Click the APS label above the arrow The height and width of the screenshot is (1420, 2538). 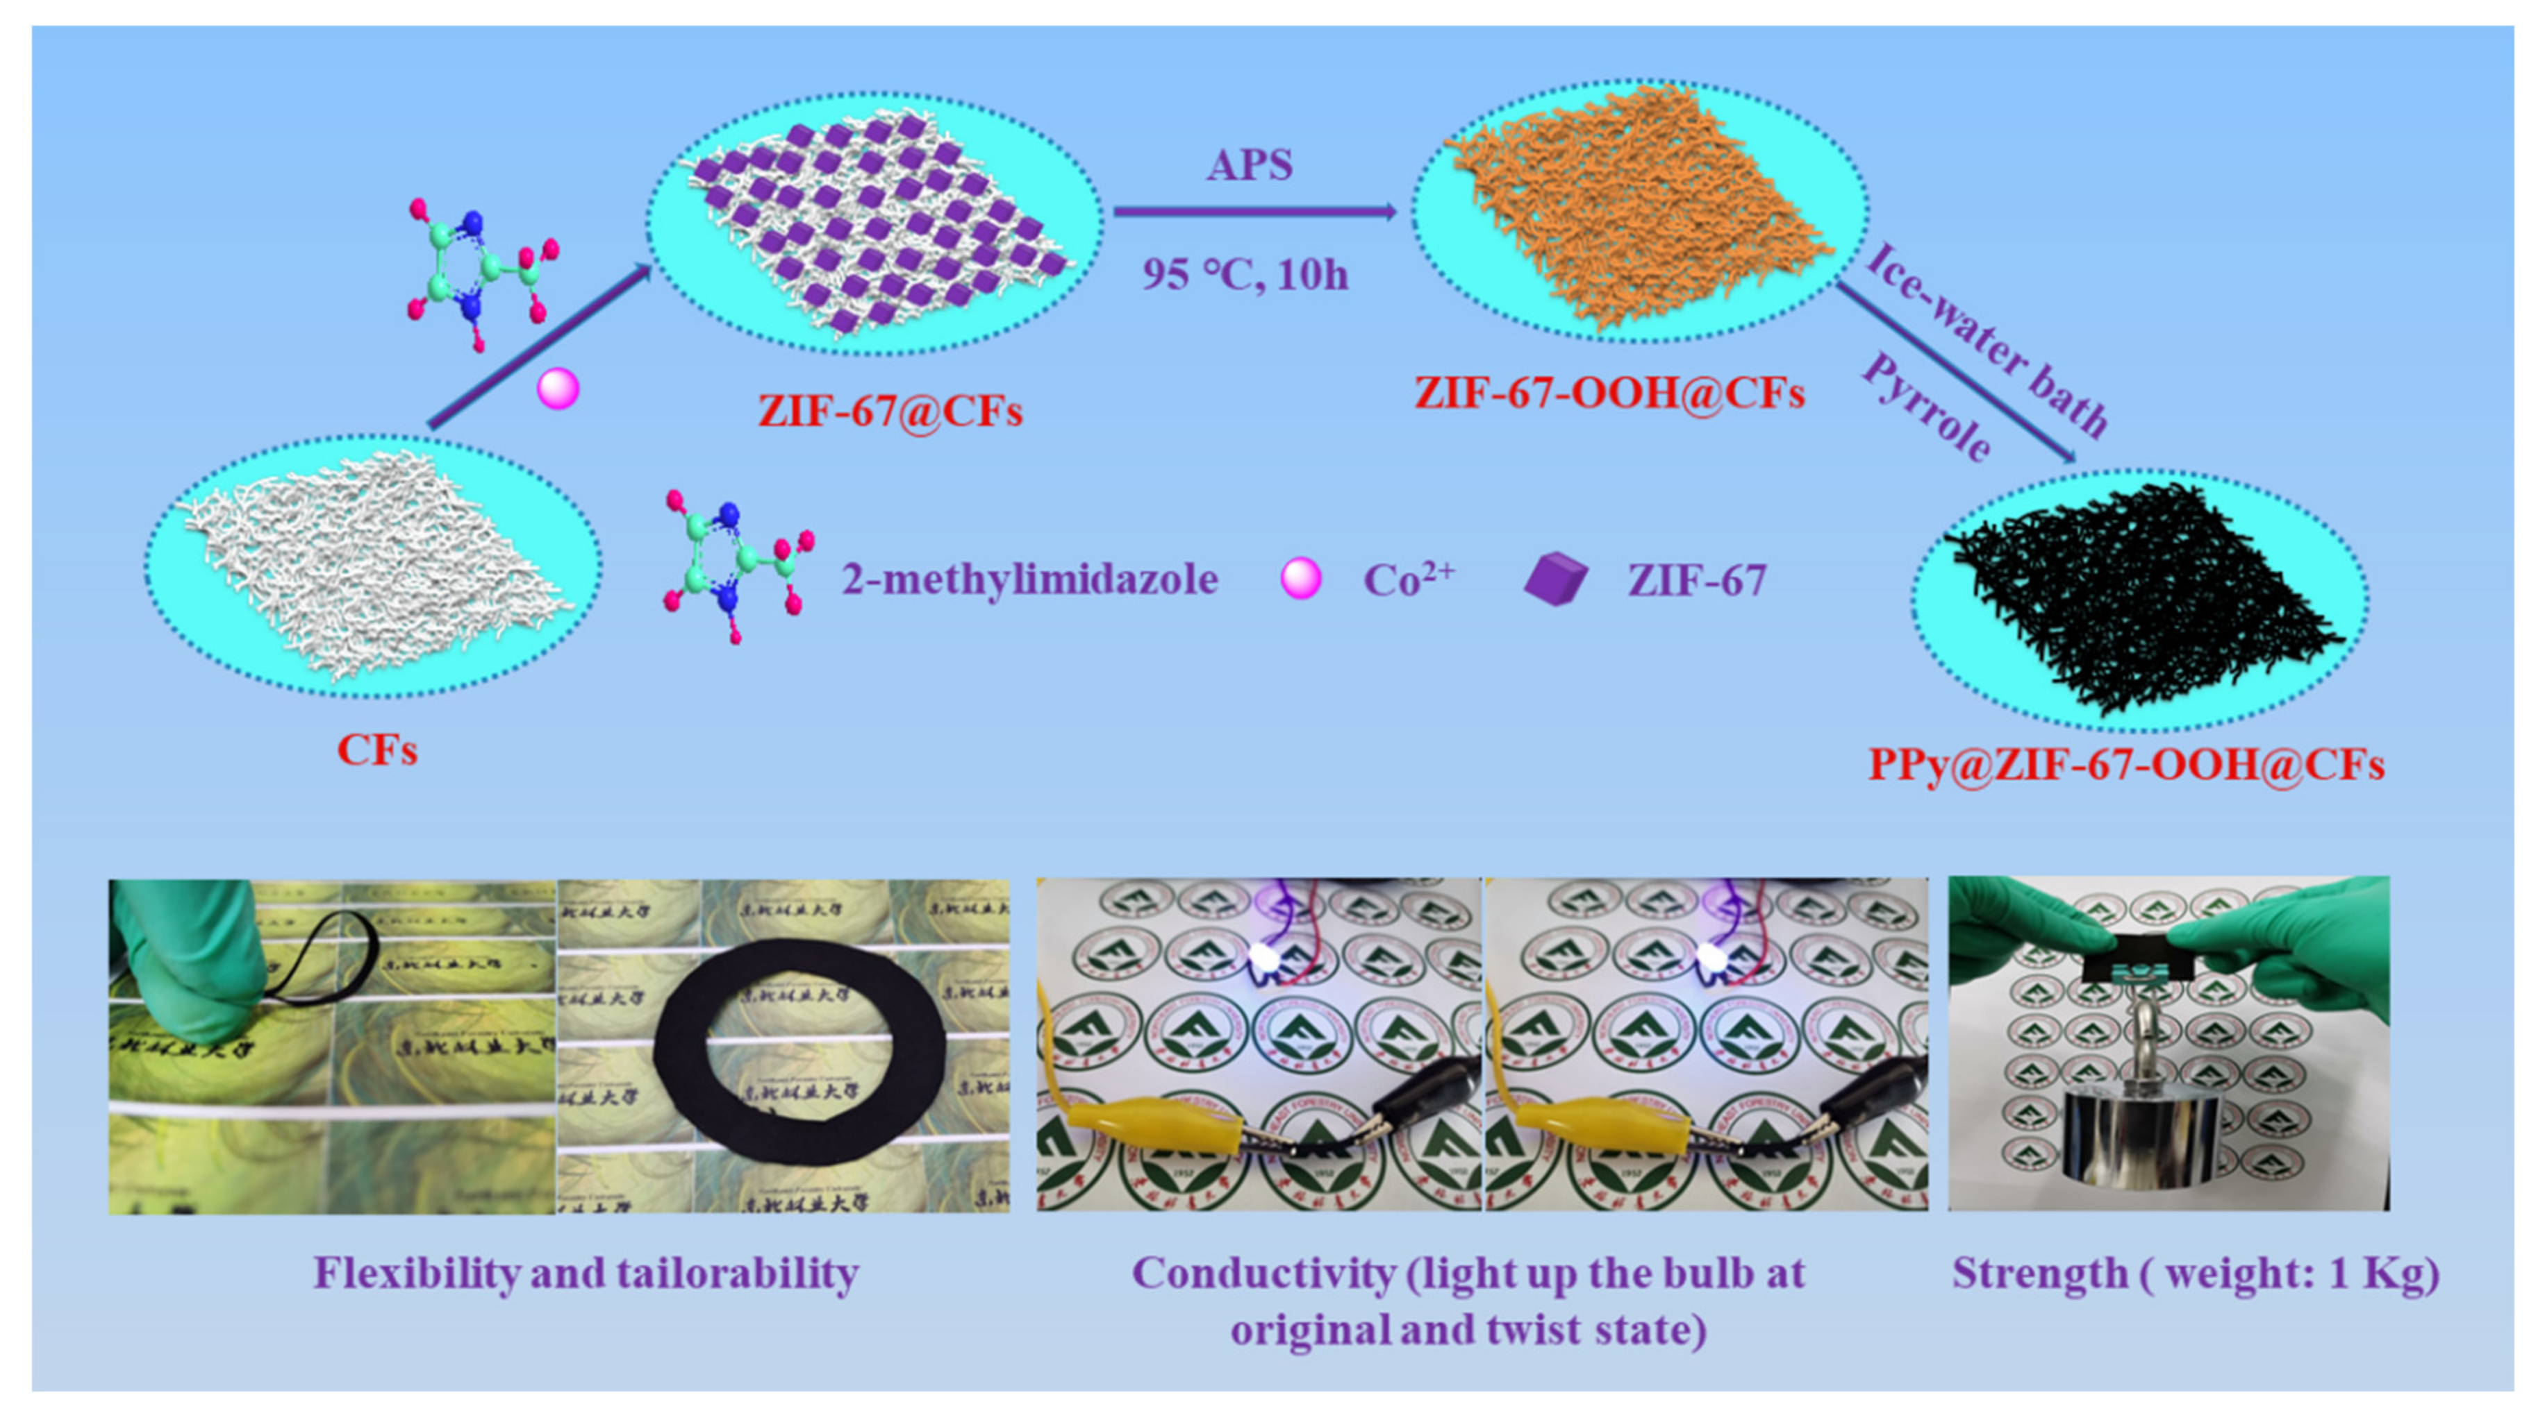click(1250, 165)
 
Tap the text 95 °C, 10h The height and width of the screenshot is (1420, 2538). click(1245, 273)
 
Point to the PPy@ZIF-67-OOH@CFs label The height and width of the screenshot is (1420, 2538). click(2126, 764)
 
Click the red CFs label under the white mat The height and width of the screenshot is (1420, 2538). click(377, 750)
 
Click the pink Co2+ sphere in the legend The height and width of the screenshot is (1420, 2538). click(1300, 578)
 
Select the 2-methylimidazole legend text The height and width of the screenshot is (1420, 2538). click(1029, 579)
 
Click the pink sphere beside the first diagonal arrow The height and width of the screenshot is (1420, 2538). click(558, 388)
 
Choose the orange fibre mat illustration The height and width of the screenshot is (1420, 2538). click(1636, 207)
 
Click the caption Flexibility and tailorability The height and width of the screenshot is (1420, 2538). click(586, 1274)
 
